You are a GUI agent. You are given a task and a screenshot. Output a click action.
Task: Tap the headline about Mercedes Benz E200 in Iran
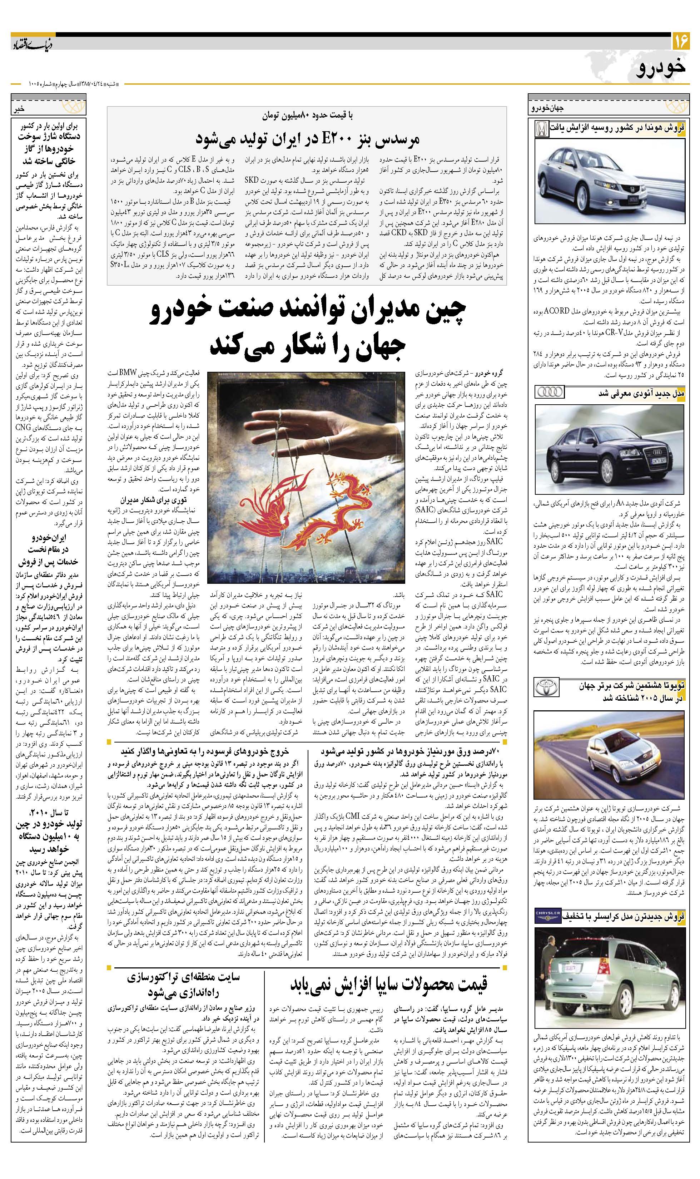[307, 139]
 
